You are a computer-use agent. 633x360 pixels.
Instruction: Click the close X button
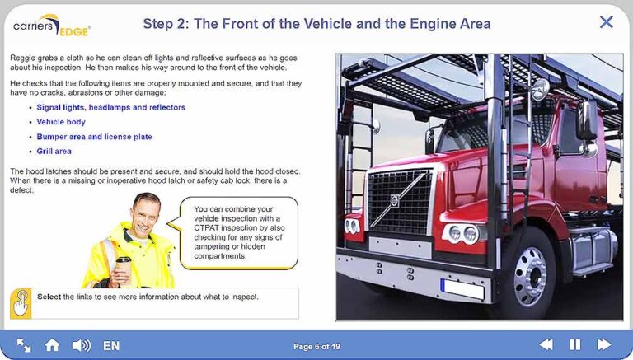pyautogui.click(x=607, y=21)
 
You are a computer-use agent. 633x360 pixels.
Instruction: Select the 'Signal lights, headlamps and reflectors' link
pyautogui.click(x=111, y=107)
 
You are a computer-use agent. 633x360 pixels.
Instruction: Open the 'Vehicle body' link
pyautogui.click(x=61, y=122)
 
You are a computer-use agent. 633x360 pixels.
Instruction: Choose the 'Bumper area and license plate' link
pyautogui.click(x=95, y=137)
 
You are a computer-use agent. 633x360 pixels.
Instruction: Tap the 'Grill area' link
pyautogui.click(x=54, y=152)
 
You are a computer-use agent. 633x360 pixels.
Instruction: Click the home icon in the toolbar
pyautogui.click(x=52, y=345)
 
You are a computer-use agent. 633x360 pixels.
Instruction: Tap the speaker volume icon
pyautogui.click(x=81, y=345)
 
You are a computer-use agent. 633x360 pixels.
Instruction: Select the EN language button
pyautogui.click(x=111, y=346)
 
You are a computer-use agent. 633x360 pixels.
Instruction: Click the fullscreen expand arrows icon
pyautogui.click(x=24, y=345)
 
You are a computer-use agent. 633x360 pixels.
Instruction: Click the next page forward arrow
pyautogui.click(x=604, y=344)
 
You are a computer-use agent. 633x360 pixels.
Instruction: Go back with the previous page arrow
pyautogui.click(x=546, y=344)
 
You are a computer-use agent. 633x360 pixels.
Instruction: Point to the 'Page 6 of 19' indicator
pyautogui.click(x=316, y=346)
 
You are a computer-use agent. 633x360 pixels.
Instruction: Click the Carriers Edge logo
pyautogui.click(x=52, y=26)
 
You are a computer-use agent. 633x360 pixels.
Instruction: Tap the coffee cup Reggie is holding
pyautogui.click(x=124, y=268)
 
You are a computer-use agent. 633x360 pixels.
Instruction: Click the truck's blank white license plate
pyautogui.click(x=462, y=289)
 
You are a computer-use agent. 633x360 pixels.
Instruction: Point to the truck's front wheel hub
pyautogui.click(x=531, y=277)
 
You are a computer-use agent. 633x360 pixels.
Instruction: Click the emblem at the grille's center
pyautogui.click(x=395, y=200)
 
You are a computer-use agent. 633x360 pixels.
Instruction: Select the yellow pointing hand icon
pyautogui.click(x=21, y=303)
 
